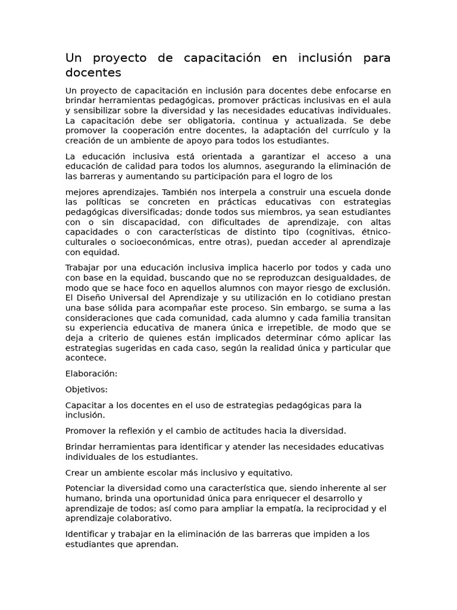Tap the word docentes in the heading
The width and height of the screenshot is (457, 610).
pos(93,73)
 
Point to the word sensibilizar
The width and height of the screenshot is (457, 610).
pos(101,111)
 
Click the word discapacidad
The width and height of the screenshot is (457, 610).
pos(133,222)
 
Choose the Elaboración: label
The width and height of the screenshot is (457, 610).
pos(92,374)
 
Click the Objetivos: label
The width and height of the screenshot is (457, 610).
pos(86,390)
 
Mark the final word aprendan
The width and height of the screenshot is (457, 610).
pos(159,544)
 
